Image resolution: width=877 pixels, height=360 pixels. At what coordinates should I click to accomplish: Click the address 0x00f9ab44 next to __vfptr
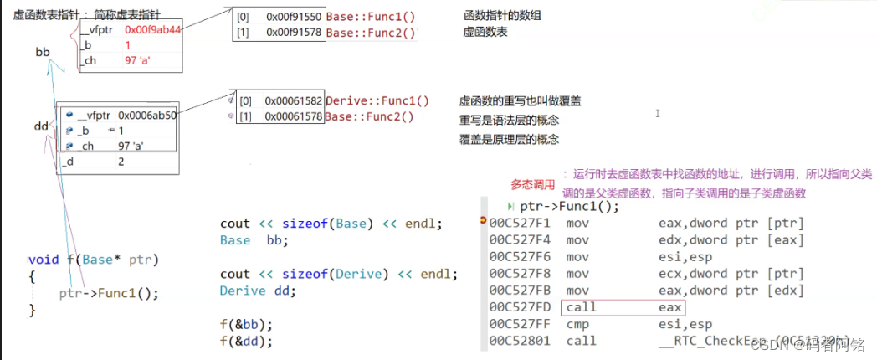coord(153,28)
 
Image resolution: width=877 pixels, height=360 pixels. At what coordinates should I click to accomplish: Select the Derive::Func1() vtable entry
coord(377,101)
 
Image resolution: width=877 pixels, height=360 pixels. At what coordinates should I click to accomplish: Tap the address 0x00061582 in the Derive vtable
coord(294,101)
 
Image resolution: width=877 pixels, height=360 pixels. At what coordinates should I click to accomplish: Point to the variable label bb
coord(43,52)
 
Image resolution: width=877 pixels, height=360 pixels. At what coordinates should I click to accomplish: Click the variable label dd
coord(41,126)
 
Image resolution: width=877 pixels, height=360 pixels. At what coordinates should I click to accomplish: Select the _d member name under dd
coord(69,162)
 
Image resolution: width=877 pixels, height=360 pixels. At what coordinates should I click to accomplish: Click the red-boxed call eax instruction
coord(623,307)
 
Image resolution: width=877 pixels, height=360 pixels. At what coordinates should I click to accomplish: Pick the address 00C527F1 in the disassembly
coord(520,223)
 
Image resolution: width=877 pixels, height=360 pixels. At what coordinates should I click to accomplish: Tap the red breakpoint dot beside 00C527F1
coord(484,222)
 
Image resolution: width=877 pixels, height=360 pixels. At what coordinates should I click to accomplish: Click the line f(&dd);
coord(246,341)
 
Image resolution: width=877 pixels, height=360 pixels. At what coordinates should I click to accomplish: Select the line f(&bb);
coord(246,324)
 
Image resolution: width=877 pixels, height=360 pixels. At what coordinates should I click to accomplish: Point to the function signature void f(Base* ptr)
coord(93,260)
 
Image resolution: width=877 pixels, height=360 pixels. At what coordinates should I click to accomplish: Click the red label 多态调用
coord(533,184)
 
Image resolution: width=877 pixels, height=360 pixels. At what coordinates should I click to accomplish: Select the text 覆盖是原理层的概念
coord(509,139)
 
